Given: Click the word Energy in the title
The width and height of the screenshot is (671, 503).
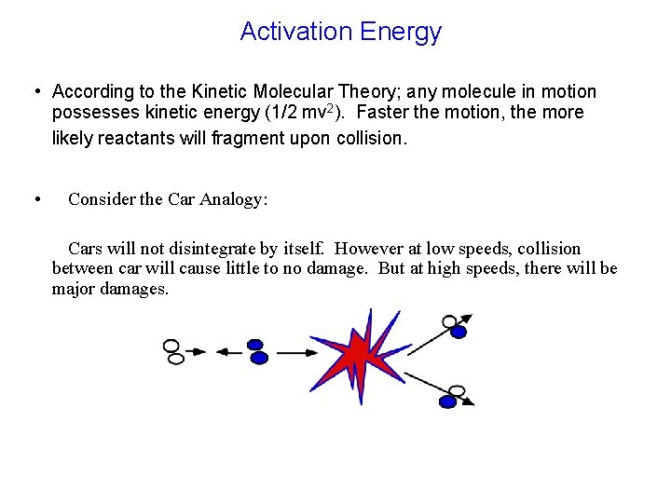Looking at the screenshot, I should point(401,33).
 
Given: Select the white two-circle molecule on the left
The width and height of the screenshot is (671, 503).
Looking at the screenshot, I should point(172,351).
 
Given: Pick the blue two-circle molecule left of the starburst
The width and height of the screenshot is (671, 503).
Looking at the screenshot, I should point(257,351).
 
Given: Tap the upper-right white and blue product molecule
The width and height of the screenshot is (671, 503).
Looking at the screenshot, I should point(454,326).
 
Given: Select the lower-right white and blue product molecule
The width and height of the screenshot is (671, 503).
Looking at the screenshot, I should point(453,396).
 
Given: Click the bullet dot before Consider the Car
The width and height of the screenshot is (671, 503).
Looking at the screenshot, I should point(35,199).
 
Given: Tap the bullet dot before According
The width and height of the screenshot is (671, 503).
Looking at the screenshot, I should point(35,91).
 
